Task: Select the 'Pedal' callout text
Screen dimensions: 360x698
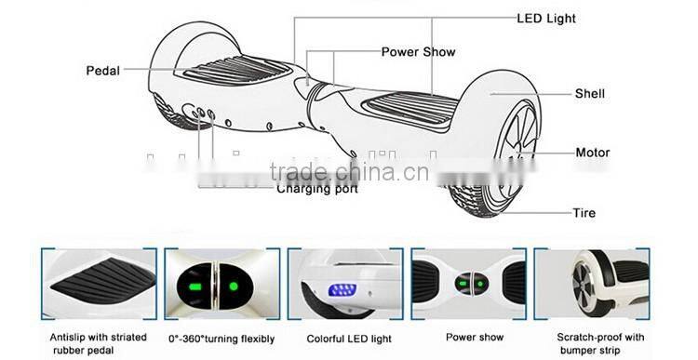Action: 102,71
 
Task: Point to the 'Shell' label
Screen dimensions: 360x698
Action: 589,94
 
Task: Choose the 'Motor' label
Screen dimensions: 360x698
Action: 592,153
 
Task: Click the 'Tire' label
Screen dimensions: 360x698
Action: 584,213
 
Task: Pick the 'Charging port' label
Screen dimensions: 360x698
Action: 316,189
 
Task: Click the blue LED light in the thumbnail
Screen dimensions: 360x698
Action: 344,289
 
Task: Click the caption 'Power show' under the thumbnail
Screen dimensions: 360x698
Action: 474,337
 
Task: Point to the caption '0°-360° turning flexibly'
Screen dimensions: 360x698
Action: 221,337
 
